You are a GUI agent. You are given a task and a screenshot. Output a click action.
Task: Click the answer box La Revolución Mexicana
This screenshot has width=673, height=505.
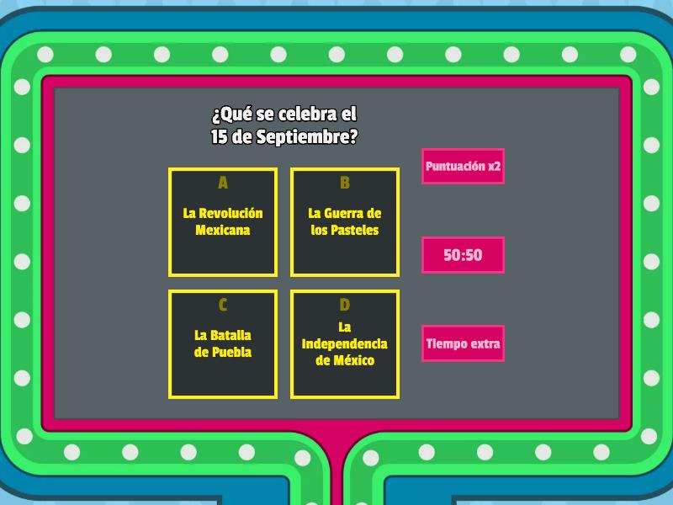(x=223, y=222)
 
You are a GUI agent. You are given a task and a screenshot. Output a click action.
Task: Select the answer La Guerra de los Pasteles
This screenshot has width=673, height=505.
(x=345, y=222)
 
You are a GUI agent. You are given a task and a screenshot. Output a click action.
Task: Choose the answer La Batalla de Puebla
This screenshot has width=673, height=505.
(x=223, y=344)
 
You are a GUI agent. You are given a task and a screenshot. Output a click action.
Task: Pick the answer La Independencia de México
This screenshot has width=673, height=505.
(x=345, y=344)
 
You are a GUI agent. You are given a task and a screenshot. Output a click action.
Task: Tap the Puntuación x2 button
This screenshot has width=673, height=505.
(x=463, y=166)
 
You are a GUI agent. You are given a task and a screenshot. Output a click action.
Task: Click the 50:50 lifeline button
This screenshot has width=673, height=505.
(x=463, y=255)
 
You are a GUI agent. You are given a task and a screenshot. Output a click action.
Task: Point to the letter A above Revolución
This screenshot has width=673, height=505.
(x=223, y=183)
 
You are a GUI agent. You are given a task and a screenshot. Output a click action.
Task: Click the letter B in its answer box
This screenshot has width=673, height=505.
(x=345, y=183)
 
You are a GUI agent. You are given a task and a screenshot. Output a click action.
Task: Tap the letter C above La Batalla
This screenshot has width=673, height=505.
(x=223, y=305)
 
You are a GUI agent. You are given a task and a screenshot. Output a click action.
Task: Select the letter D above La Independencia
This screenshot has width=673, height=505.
(x=345, y=305)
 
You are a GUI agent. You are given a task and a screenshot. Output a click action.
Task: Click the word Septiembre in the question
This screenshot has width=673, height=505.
(x=306, y=137)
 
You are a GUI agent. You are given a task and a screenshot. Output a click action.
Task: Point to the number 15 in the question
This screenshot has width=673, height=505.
(x=219, y=137)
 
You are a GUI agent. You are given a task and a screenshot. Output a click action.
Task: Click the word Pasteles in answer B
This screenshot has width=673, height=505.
(x=354, y=230)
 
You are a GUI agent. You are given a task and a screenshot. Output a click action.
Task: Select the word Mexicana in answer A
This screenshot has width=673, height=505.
(x=223, y=230)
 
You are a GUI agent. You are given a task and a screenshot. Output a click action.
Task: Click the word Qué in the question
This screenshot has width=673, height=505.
(x=231, y=114)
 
